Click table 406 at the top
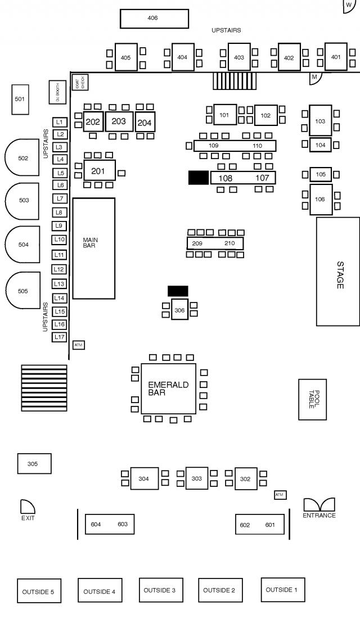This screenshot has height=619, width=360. point(154,19)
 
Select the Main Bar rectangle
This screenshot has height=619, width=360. point(93,248)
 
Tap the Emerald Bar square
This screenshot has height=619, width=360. point(168,388)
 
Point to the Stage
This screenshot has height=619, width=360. point(337,271)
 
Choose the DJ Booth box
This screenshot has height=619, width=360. point(57,92)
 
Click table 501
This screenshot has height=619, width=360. point(20,100)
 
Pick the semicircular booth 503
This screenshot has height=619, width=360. point(22,200)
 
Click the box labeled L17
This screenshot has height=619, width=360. point(60,337)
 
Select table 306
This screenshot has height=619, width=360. point(179,310)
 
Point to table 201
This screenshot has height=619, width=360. point(99,170)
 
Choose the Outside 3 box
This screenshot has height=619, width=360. point(160,590)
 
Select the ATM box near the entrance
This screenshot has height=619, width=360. point(280,494)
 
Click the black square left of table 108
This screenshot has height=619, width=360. point(198,178)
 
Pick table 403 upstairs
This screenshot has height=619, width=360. point(239,57)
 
